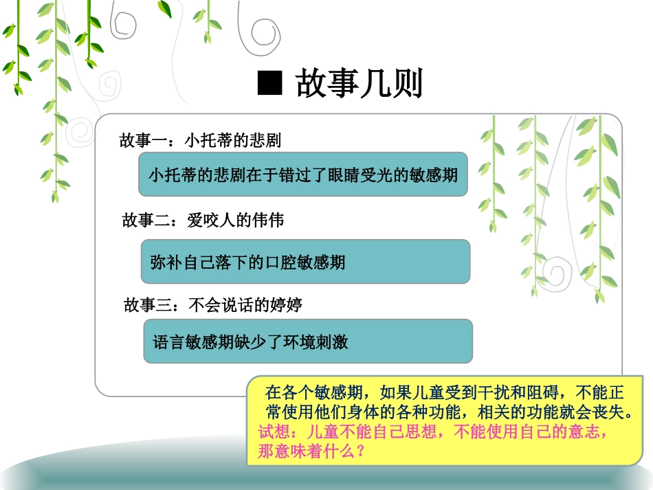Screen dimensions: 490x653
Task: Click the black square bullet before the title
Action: (270, 83)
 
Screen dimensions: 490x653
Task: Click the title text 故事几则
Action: (359, 83)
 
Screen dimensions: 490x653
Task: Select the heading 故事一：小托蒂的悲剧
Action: (200, 140)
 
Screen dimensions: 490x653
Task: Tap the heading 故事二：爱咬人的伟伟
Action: (203, 221)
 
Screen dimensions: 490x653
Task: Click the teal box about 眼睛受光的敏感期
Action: (303, 174)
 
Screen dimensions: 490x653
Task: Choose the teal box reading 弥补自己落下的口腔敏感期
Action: (305, 262)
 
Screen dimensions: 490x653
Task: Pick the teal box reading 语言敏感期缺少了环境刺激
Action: (308, 342)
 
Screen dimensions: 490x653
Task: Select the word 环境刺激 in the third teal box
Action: (316, 342)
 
